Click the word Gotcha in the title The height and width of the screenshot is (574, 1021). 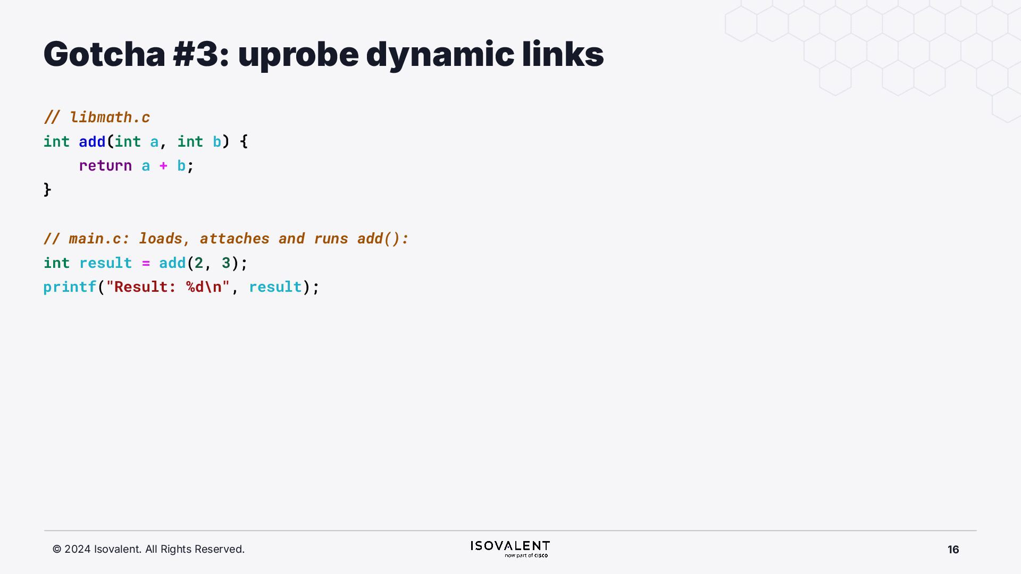click(x=104, y=54)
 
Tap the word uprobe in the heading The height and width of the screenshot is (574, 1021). click(x=298, y=55)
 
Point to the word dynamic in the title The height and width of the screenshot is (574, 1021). click(x=440, y=55)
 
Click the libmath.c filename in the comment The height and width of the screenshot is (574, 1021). click(x=110, y=117)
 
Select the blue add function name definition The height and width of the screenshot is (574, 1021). click(x=92, y=141)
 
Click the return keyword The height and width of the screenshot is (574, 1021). click(x=105, y=166)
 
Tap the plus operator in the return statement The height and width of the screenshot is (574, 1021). click(x=163, y=166)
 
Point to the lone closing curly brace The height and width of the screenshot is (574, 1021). click(x=47, y=190)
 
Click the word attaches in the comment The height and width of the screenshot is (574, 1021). click(x=235, y=239)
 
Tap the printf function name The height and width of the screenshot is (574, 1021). click(x=70, y=287)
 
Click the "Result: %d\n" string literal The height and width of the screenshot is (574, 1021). click(x=168, y=287)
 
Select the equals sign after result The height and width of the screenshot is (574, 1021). click(x=146, y=263)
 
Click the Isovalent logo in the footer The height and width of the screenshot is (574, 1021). click(x=510, y=548)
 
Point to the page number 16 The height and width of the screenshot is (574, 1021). click(x=953, y=550)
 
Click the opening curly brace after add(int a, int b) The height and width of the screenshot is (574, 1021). click(x=244, y=141)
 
